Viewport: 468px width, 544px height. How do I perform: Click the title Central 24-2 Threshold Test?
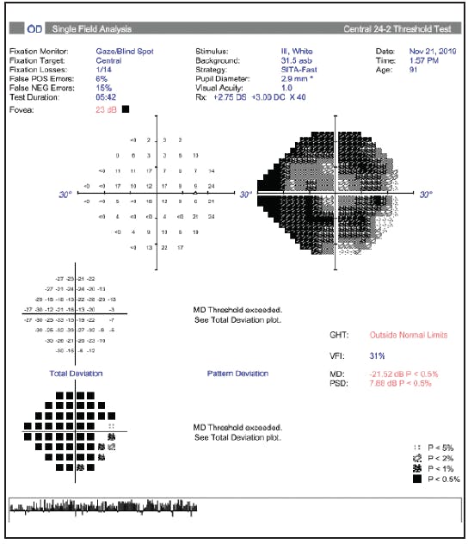pos(397,29)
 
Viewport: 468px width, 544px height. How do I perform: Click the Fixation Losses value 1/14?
pos(105,71)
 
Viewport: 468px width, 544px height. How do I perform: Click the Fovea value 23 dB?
pos(106,109)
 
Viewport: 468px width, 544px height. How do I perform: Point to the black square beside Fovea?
pos(126,109)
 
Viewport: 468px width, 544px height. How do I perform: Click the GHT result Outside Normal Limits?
pos(409,335)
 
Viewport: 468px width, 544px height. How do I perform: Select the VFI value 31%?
pos(377,355)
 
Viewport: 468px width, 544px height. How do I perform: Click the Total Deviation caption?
pos(76,374)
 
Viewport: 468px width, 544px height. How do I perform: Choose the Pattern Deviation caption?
pos(237,374)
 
